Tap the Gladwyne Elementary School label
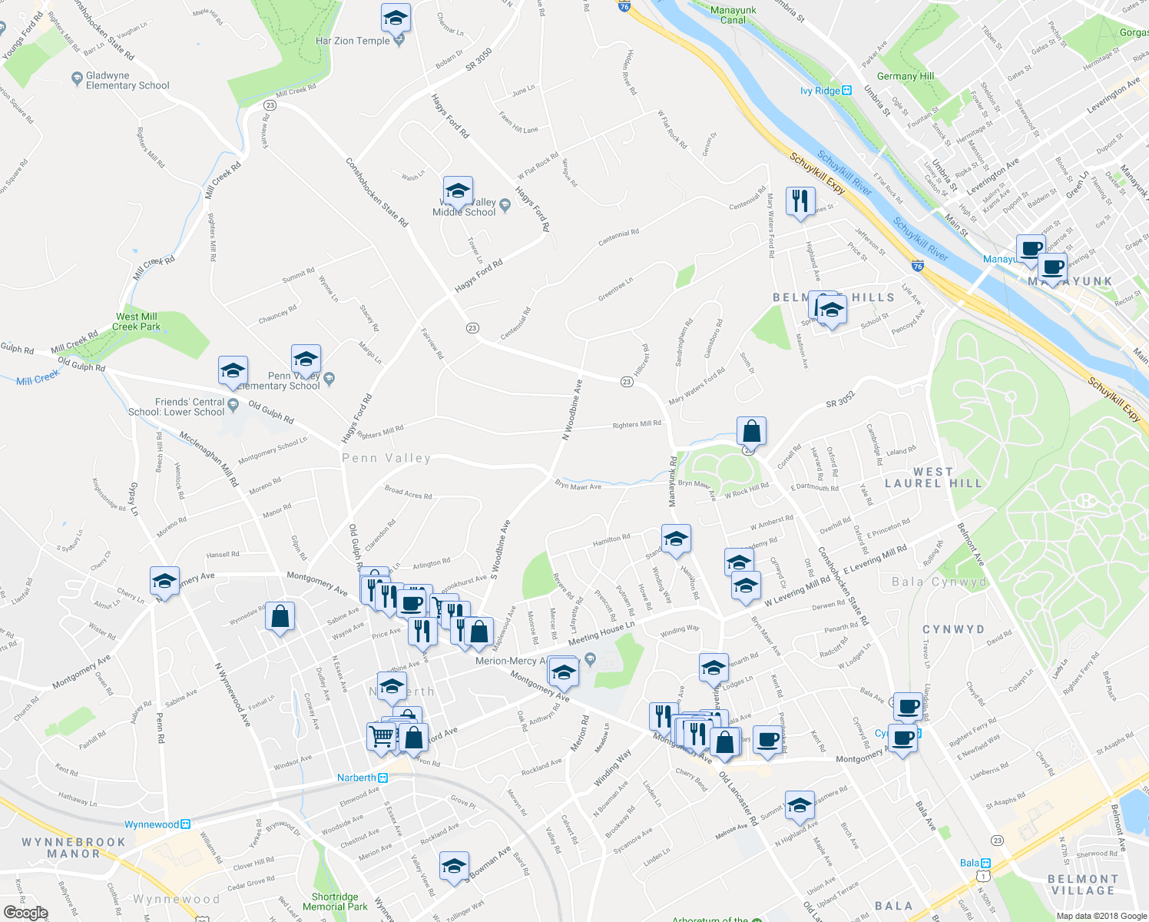coord(127,81)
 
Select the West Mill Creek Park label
coord(137,321)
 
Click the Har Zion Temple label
coord(353,41)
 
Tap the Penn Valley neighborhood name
coord(386,458)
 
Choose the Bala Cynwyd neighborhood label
coord(939,582)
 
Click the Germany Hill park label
coord(906,76)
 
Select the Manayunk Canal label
coord(733,15)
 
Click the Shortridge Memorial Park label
coord(335,901)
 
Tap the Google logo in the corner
coord(25,913)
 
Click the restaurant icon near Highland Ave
coord(801,201)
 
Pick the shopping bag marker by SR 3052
coord(751,431)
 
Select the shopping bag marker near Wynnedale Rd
coord(280,616)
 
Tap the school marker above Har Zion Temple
coord(396,18)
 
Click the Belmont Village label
coord(1083,884)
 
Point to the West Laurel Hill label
coord(933,477)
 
